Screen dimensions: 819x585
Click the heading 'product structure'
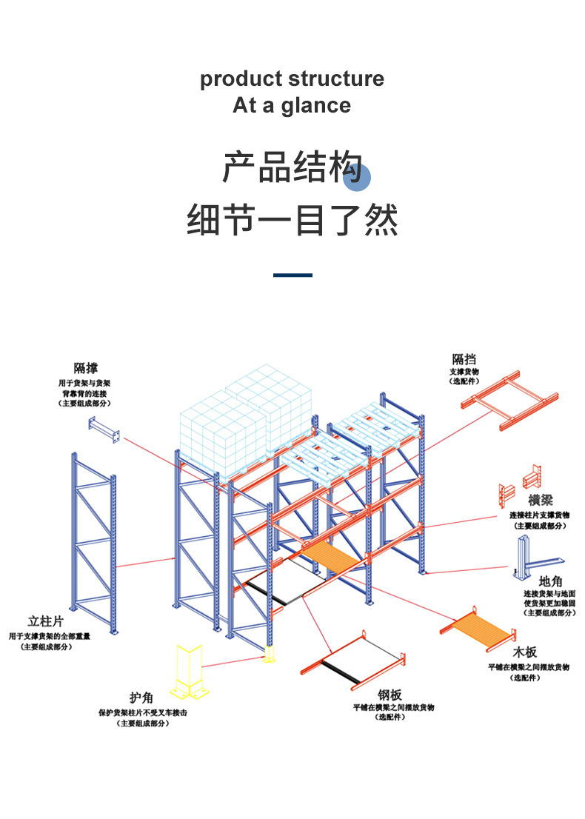[292, 78]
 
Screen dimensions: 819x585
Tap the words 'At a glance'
[292, 105]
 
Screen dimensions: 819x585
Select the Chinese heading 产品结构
[292, 167]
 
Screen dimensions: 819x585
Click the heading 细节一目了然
[292, 220]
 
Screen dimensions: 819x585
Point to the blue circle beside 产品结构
[356, 178]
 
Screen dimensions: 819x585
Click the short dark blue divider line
[292, 275]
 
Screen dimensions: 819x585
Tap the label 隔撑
[86, 368]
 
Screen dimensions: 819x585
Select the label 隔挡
[464, 360]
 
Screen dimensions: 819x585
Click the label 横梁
[541, 501]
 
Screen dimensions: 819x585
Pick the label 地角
[551, 581]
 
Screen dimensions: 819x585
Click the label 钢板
[390, 695]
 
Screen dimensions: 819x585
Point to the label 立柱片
[45, 621]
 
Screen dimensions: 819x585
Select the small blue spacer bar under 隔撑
[104, 430]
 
